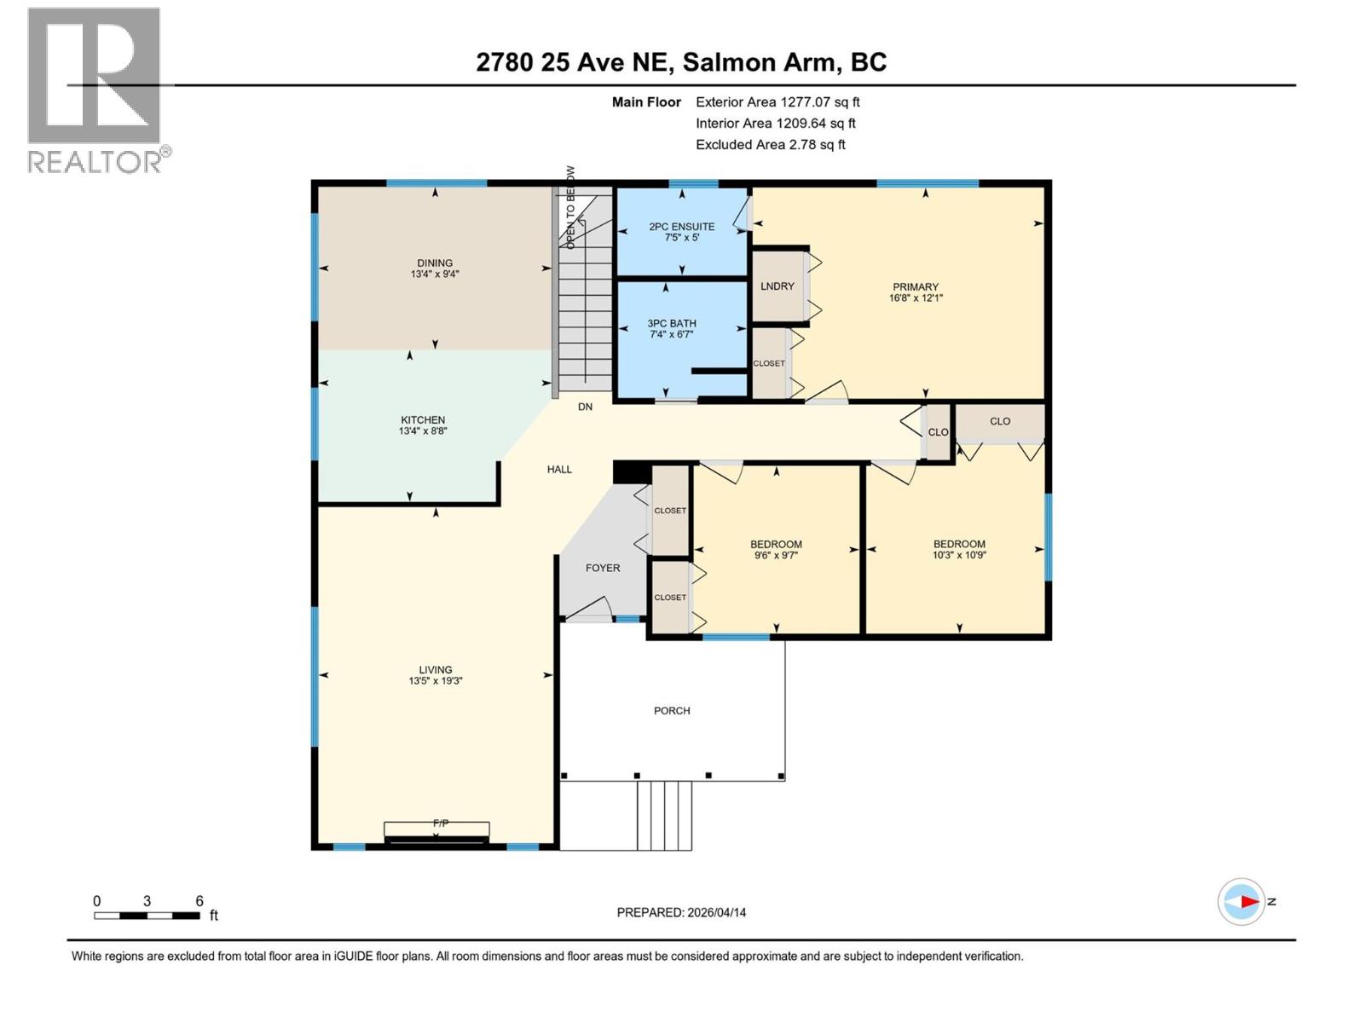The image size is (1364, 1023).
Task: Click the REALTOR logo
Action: [95, 90]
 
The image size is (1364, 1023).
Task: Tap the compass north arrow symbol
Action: [1242, 901]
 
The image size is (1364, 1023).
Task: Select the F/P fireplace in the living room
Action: [436, 830]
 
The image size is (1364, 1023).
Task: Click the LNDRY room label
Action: [777, 286]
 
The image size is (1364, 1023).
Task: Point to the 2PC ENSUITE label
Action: [681, 227]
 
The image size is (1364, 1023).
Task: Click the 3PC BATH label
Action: [671, 324]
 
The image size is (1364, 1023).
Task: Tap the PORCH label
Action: [672, 710]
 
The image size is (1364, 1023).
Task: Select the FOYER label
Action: [603, 568]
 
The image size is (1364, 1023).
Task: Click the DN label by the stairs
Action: [585, 407]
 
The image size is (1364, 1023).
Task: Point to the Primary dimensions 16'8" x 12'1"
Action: [916, 298]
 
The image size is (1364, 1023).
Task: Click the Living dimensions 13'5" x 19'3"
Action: [435, 681]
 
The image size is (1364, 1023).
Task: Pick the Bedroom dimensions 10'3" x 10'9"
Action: [959, 555]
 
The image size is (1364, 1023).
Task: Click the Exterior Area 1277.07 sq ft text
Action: [777, 102]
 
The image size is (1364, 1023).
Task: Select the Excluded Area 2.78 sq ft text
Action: [770, 145]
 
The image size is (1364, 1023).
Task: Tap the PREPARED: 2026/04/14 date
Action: [681, 912]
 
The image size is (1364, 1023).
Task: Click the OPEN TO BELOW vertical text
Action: [570, 207]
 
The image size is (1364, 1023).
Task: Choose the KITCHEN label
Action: [423, 420]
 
